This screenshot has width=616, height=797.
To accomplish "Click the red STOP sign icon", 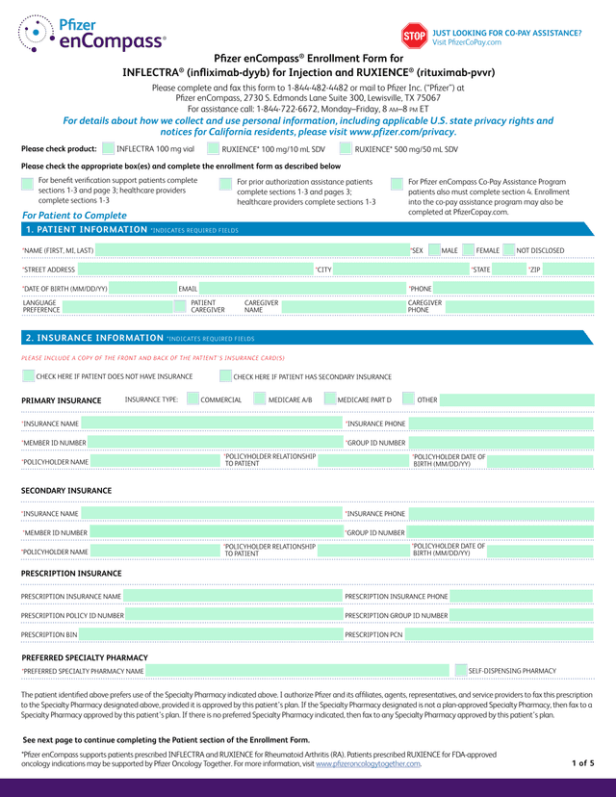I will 413,37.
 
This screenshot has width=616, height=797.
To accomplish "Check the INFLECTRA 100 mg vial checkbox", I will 108,149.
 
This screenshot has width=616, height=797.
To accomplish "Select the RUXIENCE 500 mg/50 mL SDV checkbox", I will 346,149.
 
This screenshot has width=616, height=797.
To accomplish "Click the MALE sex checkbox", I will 433,250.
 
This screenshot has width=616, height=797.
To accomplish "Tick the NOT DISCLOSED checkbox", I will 508,250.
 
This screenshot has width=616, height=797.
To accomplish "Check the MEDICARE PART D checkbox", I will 329,399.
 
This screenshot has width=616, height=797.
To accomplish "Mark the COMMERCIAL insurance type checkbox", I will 192,399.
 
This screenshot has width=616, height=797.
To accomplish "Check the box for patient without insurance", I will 28,376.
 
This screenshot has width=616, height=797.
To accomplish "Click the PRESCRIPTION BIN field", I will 207,635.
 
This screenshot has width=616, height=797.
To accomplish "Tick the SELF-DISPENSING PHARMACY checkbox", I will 459,670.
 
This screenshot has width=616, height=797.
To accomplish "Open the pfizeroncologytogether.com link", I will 368,764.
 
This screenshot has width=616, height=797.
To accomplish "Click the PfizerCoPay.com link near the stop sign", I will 467,42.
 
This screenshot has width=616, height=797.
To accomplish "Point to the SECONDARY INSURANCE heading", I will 66,491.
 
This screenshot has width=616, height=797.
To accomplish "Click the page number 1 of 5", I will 583,763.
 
